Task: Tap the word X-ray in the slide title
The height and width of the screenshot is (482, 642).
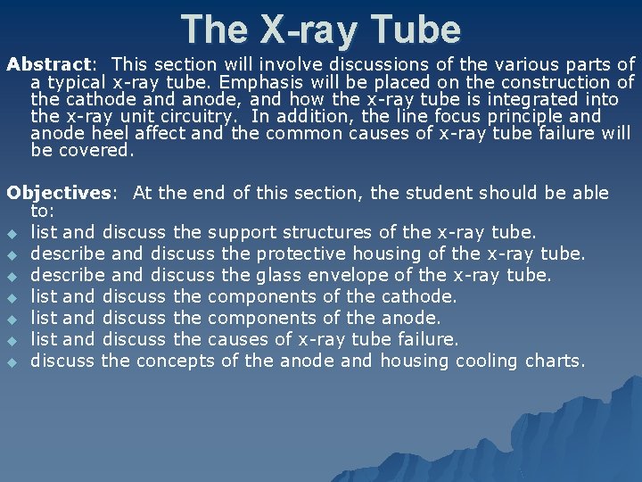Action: click(302, 29)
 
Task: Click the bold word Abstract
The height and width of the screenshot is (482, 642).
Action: click(48, 64)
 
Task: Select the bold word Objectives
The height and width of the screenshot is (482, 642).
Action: click(61, 193)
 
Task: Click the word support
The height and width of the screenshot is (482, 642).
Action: click(241, 233)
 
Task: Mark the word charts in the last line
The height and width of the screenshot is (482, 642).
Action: click(554, 361)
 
